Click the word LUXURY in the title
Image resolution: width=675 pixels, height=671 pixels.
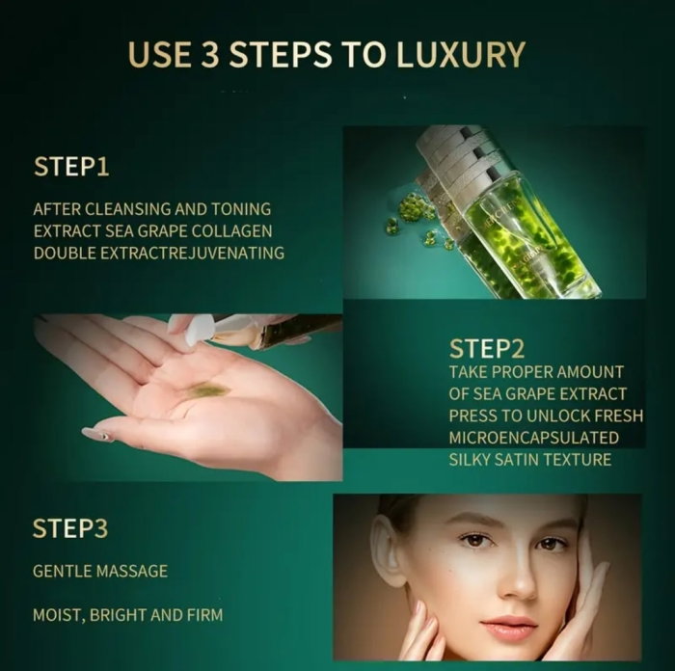click(460, 54)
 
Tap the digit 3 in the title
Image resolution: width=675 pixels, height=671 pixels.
click(210, 54)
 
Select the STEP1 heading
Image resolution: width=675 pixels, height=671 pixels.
click(71, 167)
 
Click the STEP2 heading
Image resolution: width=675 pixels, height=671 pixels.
click(487, 349)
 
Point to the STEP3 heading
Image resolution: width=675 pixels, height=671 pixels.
click(70, 528)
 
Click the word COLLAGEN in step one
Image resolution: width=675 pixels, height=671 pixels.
click(231, 231)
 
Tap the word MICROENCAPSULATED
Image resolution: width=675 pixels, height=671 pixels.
click(534, 438)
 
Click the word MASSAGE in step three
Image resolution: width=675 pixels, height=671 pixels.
click(132, 571)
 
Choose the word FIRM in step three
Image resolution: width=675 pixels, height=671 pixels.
click(204, 615)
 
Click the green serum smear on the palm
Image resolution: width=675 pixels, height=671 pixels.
click(208, 389)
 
